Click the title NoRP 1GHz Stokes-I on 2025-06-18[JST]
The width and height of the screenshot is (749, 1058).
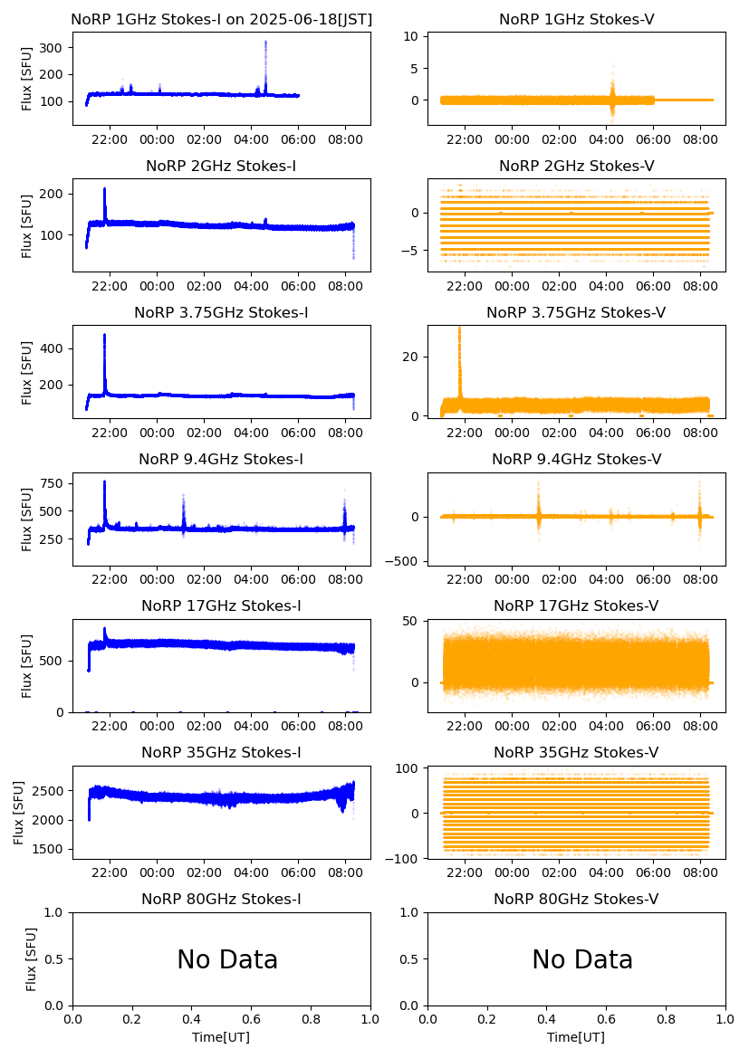click(222, 20)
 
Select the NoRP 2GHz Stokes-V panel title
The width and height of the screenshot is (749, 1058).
click(577, 167)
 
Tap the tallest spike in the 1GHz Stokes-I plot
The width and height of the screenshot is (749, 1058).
click(265, 43)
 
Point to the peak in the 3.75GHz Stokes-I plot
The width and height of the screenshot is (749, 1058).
click(104, 336)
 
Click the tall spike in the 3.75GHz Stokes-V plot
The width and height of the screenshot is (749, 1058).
click(459, 329)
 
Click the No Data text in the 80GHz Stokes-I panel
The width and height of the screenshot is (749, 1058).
click(227, 959)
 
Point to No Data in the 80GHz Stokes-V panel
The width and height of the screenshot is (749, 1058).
click(582, 959)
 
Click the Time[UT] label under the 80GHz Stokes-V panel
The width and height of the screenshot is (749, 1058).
click(577, 1037)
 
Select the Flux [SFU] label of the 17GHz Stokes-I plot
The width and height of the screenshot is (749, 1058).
click(27, 665)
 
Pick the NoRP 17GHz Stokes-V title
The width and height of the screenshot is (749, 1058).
click(577, 606)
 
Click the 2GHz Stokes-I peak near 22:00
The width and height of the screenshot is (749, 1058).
click(104, 189)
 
